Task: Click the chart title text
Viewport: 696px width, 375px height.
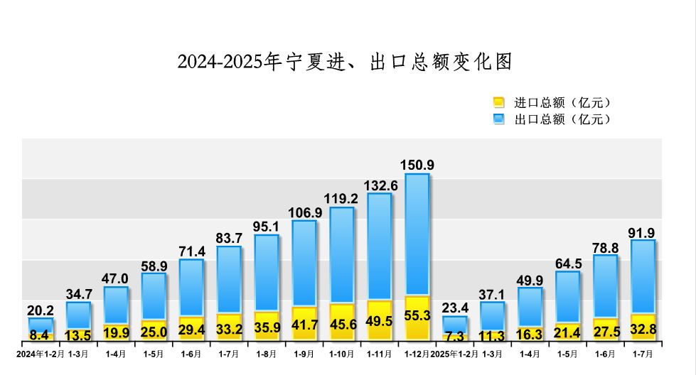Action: [345, 62]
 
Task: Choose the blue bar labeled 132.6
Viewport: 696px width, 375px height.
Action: [380, 245]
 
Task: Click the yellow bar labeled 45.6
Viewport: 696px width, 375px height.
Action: [342, 322]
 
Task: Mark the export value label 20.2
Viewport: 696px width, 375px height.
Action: [41, 310]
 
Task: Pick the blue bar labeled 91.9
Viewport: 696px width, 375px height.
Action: [643, 277]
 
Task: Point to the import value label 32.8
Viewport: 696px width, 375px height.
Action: [643, 327]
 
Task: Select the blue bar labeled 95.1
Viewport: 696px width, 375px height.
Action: [267, 273]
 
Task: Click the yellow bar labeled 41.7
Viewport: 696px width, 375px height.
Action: [304, 323]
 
